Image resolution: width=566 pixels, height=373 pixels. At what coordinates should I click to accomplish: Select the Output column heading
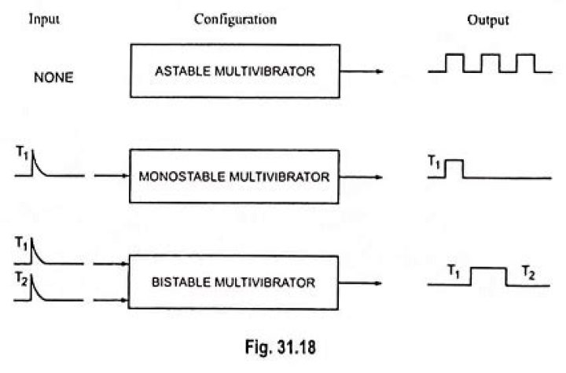pos(487,20)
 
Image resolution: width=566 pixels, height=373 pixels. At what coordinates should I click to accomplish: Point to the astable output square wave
pos(490,64)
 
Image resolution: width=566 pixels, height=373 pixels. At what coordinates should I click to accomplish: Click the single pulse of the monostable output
pos(454,167)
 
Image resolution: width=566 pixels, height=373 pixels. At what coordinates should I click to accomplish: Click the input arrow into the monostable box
pos(111,176)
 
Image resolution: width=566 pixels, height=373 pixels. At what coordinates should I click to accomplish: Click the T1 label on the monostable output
pos(434,162)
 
